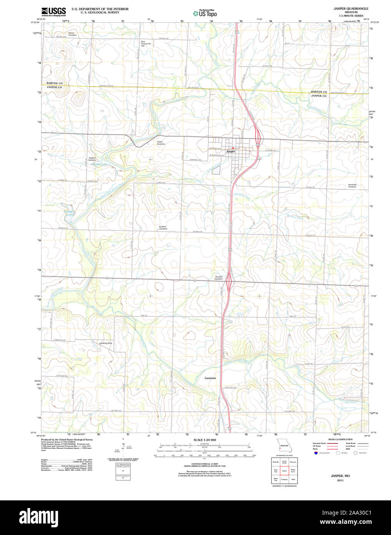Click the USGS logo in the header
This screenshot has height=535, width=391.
tap(53, 12)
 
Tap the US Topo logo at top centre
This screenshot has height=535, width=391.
tap(205, 13)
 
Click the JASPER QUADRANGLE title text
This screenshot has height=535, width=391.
tap(351, 8)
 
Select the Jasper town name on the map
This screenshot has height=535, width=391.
tap(230, 152)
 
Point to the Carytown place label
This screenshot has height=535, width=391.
tap(210, 378)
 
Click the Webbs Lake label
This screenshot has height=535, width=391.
tap(99, 164)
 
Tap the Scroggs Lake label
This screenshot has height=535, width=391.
tap(68, 213)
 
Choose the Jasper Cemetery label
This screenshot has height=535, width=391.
tap(161, 142)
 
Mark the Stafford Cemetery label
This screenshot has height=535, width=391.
tap(92, 159)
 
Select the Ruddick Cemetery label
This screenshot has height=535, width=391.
tap(163, 227)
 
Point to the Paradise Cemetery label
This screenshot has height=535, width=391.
tap(219, 278)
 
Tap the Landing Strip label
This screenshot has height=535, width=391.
tap(106, 343)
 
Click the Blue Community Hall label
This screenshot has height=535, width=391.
tap(146, 43)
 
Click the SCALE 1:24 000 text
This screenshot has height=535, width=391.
tap(205, 440)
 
